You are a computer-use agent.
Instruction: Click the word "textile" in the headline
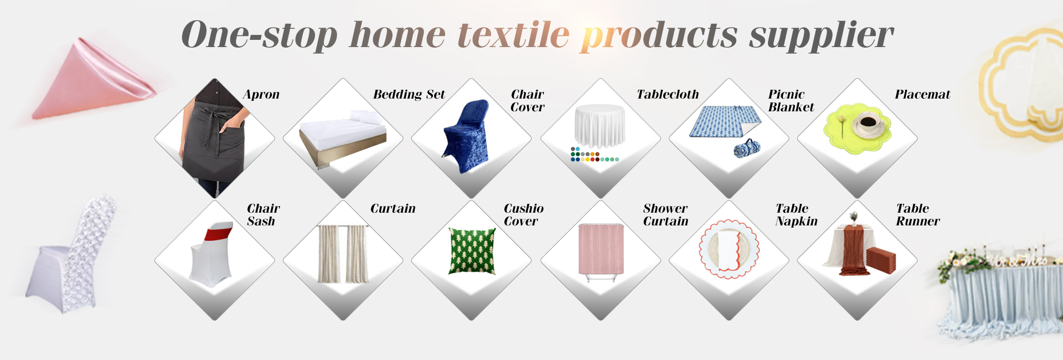[x=513, y=34]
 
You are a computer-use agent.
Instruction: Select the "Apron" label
[x=261, y=95]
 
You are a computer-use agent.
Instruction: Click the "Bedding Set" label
[x=409, y=94]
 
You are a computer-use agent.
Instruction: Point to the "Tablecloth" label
[x=668, y=94]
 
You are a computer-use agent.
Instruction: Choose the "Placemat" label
[x=922, y=94]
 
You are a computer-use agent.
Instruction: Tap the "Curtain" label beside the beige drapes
[x=393, y=208]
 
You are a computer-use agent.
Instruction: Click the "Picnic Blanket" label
[x=791, y=101]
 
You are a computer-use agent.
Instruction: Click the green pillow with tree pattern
[x=472, y=251]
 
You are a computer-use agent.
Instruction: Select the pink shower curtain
[x=601, y=249]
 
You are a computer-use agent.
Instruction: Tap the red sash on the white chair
[x=219, y=232]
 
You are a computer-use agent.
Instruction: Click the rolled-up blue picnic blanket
[x=747, y=148]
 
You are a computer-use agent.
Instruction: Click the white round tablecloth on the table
[x=600, y=126]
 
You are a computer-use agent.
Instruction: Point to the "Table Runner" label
[x=918, y=215]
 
